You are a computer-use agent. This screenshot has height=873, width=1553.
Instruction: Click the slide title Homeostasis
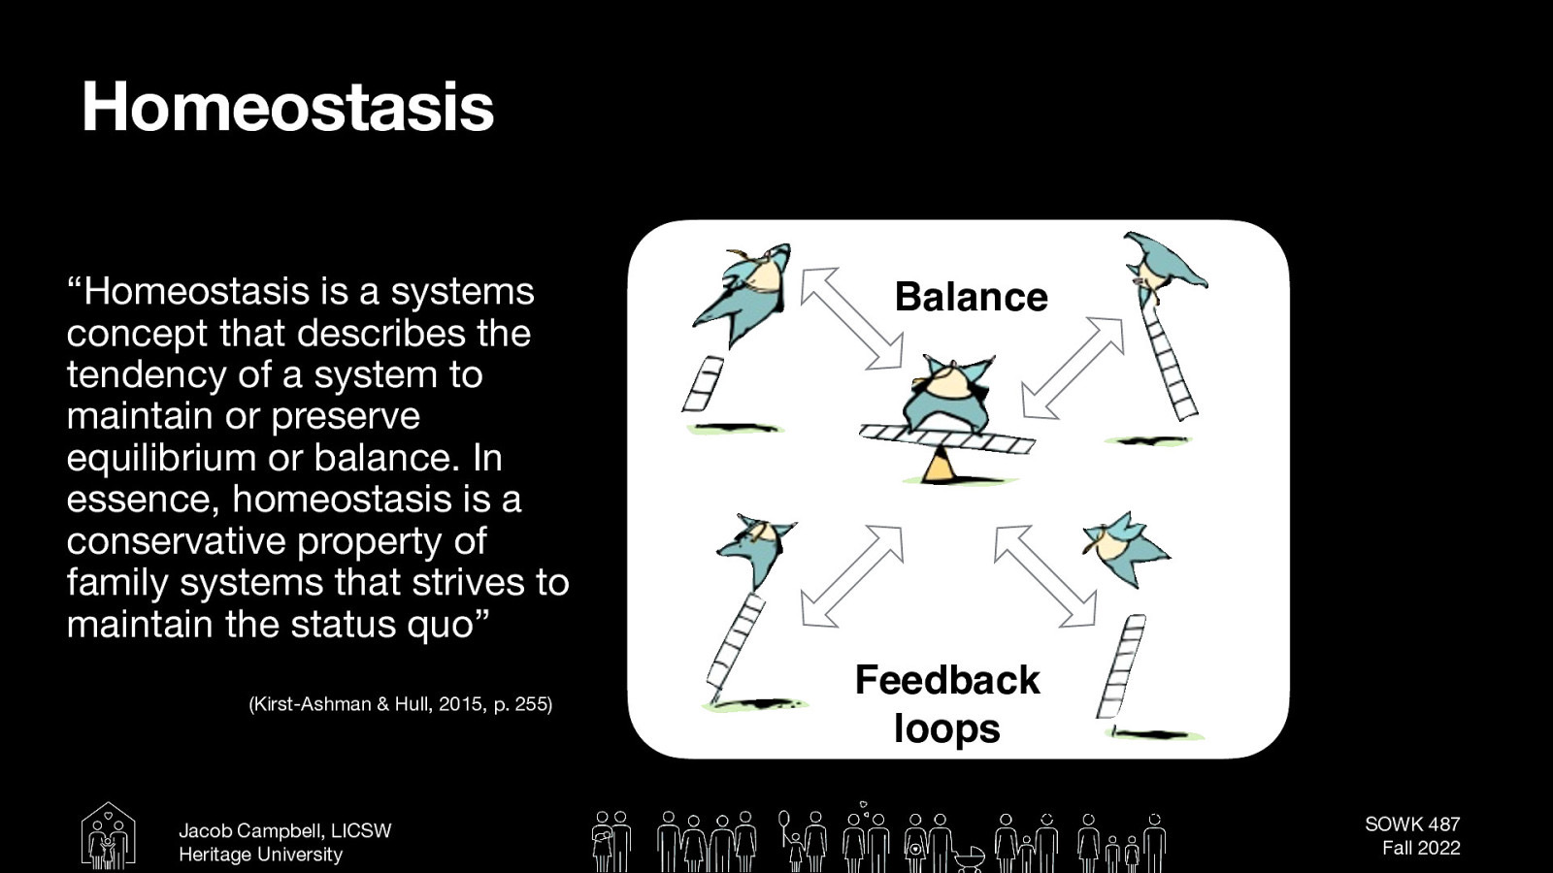[288, 107]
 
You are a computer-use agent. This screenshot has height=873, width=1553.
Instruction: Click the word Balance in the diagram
[971, 297]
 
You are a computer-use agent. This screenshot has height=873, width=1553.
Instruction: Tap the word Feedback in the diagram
[946, 680]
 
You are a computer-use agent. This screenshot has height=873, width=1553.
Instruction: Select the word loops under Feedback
[946, 728]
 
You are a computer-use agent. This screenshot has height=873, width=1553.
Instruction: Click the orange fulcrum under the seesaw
[939, 469]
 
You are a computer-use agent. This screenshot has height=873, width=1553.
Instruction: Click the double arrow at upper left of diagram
[851, 318]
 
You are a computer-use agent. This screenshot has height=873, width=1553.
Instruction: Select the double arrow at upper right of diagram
[1072, 368]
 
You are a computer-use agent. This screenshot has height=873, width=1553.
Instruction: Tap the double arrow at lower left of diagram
[852, 576]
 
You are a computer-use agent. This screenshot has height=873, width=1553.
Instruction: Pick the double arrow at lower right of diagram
[1045, 576]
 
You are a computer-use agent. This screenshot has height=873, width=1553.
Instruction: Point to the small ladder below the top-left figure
[703, 383]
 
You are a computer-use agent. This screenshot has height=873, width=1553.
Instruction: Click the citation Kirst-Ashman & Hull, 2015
[400, 704]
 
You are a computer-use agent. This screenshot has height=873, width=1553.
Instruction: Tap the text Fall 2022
[1420, 848]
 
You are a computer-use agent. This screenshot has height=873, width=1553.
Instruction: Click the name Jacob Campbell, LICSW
[284, 831]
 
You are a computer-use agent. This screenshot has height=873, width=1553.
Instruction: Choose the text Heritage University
[260, 855]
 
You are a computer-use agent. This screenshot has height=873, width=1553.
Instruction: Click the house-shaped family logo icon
[108, 836]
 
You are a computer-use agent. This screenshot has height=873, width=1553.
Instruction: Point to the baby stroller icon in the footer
[969, 857]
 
